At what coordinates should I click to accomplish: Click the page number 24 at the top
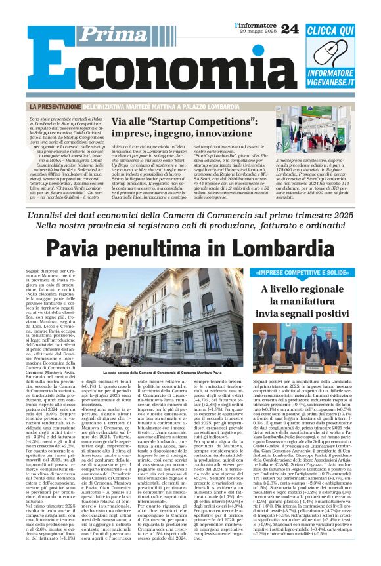pyautogui.click(x=290, y=28)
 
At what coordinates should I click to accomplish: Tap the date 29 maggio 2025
pyautogui.click(x=256, y=33)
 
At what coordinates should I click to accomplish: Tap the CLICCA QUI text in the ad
pyautogui.click(x=340, y=31)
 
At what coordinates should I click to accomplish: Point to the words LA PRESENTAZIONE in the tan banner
pyautogui.click(x=53, y=106)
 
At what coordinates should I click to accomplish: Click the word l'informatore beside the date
pyautogui.click(x=255, y=25)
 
